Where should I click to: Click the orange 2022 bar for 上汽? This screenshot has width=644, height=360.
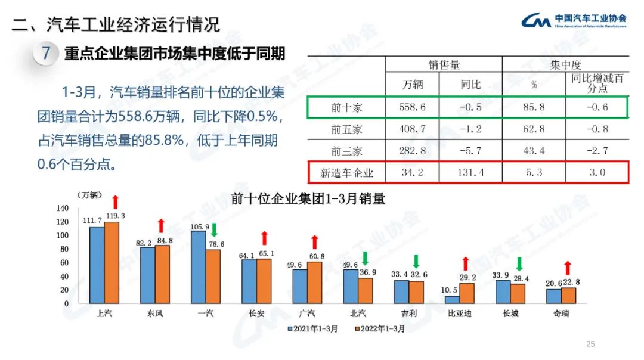tap(112, 262)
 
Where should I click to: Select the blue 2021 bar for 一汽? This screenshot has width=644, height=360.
tap(199, 267)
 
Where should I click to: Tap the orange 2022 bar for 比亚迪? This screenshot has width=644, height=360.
tap(467, 293)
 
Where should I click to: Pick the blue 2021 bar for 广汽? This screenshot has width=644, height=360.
tap(300, 286)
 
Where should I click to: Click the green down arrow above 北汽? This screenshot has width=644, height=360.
tap(366, 258)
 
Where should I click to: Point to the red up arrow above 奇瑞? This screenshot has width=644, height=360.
tap(568, 268)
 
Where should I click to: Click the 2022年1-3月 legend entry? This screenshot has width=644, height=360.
tap(380, 328)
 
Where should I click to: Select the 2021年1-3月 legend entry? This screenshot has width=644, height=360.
tap(313, 328)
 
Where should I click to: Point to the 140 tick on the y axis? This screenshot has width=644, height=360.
tap(63, 208)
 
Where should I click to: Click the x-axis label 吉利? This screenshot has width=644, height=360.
tap(409, 314)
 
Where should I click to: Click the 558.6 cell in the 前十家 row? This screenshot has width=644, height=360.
tap(412, 107)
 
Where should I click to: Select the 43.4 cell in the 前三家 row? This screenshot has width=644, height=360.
tap(534, 151)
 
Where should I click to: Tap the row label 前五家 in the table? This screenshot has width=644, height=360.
tap(346, 129)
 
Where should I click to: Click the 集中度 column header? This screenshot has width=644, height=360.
tap(566, 64)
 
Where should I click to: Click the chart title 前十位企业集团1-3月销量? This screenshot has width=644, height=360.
tap(308, 199)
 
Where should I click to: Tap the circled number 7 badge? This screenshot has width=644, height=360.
tap(45, 54)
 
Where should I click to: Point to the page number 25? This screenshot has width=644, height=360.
tap(591, 344)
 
